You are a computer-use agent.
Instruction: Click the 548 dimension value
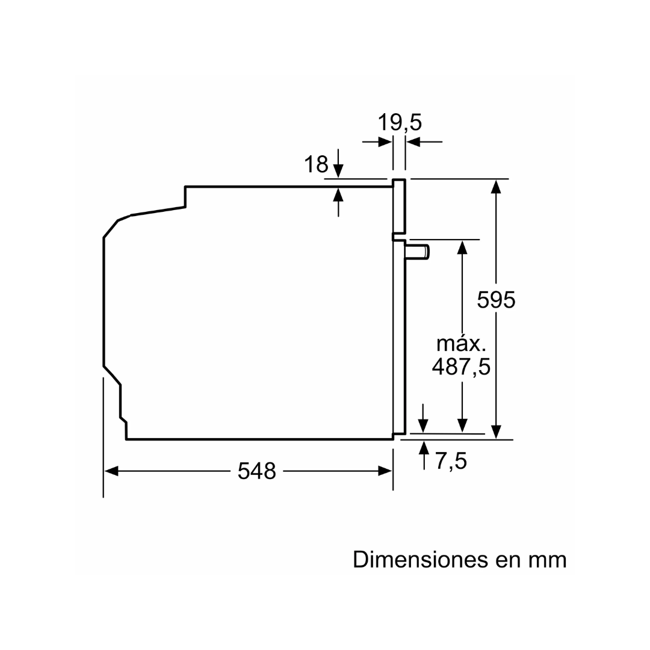pos(256,470)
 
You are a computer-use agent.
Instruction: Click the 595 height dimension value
pos(497,299)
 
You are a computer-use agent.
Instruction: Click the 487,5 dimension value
pos(461,366)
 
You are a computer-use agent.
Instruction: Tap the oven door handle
pos(417,251)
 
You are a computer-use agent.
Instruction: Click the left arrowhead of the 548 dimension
pos(112,471)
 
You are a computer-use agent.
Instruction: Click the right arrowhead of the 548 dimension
pos(385,471)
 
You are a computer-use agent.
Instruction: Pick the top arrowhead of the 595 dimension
pos(496,187)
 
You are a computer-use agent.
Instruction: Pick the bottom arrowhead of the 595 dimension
pos(496,431)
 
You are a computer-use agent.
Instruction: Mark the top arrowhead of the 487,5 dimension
pos(462,247)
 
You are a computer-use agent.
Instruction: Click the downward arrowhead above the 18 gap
pos(338,171)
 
